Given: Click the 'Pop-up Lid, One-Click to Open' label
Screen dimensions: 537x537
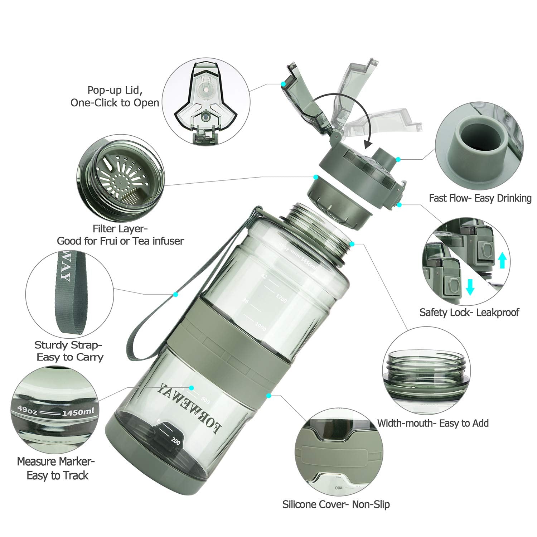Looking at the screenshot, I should click(x=115, y=96).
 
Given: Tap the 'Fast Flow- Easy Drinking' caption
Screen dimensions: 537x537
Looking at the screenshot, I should click(x=480, y=198).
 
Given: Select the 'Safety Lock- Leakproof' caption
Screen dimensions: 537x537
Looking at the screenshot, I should click(x=469, y=313).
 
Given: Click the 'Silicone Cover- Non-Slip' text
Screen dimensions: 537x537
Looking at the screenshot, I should click(x=336, y=504).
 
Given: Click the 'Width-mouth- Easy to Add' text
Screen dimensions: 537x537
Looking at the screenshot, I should click(x=433, y=423).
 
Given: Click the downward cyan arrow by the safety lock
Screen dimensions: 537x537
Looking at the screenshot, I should click(x=470, y=287).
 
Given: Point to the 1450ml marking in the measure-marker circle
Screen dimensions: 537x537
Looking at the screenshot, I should click(x=78, y=412).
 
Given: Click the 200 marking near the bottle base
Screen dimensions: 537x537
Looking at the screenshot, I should click(x=175, y=441).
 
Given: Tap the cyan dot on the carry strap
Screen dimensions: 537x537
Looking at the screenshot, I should click(x=175, y=294).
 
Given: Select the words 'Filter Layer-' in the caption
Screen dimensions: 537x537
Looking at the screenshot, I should click(x=120, y=228).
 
